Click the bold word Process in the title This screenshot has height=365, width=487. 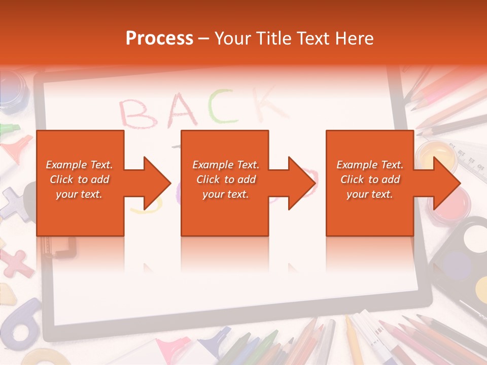point(159,39)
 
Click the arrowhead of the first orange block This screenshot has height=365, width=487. point(157,183)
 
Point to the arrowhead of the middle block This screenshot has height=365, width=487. point(301,183)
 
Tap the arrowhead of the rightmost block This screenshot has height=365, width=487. point(446,183)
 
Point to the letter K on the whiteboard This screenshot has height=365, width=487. point(266,104)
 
